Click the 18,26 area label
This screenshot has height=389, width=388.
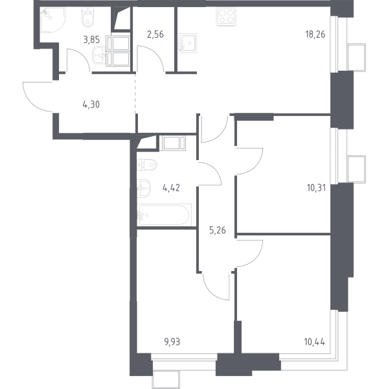point(315,34)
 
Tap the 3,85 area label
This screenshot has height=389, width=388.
point(91,40)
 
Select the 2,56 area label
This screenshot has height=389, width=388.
point(155,34)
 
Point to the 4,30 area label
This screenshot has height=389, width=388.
point(91,104)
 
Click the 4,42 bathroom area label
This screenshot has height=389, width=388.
point(171,188)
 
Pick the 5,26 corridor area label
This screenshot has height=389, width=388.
point(218,230)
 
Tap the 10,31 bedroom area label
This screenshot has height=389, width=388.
point(316,188)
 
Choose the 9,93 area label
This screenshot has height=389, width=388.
point(172,342)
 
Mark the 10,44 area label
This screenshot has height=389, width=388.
point(315,342)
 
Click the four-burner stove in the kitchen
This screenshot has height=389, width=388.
point(226,16)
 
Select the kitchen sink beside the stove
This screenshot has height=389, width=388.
point(187,43)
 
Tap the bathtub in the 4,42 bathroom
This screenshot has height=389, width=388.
point(165,215)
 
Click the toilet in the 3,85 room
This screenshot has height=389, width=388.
point(88,16)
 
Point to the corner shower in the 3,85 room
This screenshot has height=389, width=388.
point(53,20)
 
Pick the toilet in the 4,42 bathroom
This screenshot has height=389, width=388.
point(147,165)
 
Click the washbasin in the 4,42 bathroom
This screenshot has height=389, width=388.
point(144,188)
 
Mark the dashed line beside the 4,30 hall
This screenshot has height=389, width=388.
point(135,93)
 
